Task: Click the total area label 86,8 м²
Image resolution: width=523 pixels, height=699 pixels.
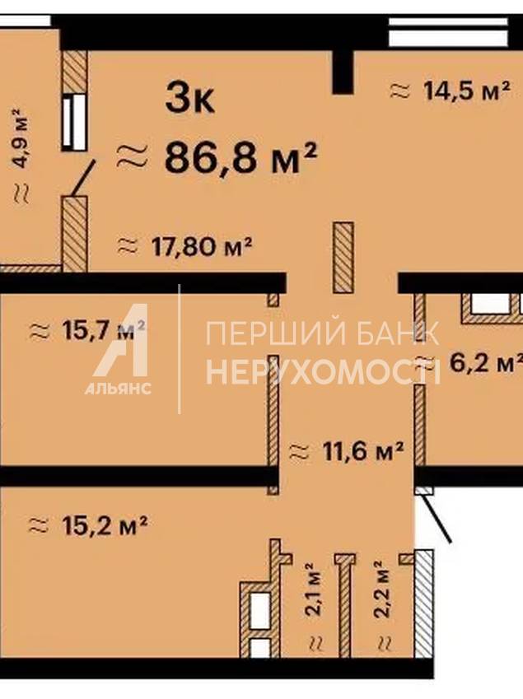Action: pos(240,157)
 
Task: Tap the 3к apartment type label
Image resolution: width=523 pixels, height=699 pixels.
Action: pos(190,98)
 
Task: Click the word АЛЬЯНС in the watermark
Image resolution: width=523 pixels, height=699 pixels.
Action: pos(118,389)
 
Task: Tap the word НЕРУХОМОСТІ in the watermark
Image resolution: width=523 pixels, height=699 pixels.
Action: pos(323,373)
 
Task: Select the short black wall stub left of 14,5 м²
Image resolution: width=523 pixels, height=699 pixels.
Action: pos(343,72)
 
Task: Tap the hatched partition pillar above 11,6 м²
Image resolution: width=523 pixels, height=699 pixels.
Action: pos(343,258)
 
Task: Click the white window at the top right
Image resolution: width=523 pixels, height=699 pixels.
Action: pos(449,31)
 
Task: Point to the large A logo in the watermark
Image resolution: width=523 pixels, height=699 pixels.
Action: pos(121,340)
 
